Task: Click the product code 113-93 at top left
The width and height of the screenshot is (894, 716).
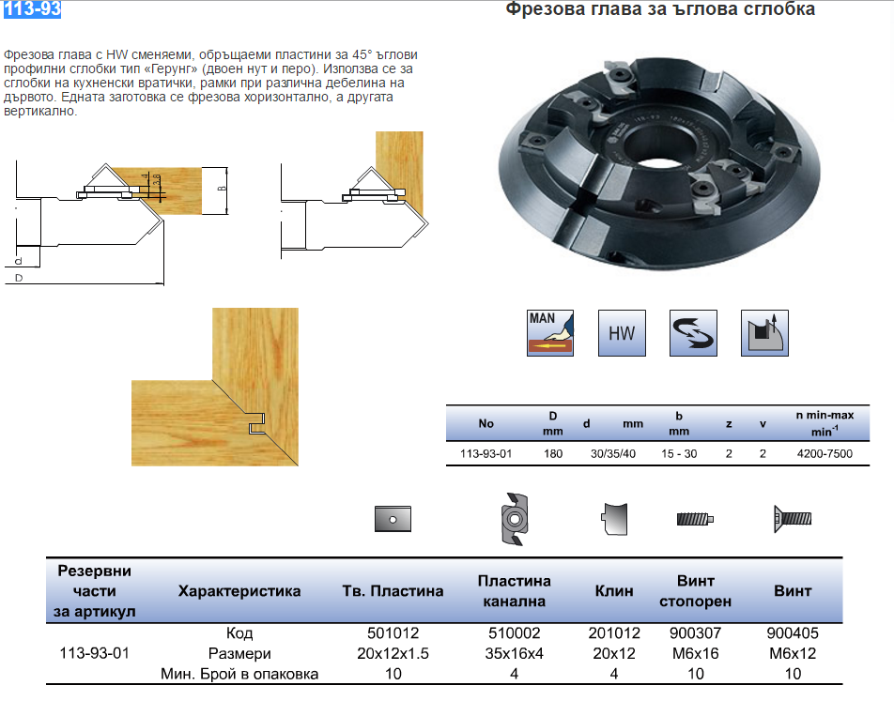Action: pos(31,10)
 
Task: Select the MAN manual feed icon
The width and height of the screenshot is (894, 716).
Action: pos(551,332)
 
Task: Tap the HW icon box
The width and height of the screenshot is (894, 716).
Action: pos(622,333)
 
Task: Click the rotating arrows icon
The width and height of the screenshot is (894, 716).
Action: pos(693,333)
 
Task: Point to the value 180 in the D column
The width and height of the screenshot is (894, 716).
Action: pos(553,453)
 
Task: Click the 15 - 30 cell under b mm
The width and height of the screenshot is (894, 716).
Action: pos(678,453)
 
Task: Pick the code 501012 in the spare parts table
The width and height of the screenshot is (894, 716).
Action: pos(393,633)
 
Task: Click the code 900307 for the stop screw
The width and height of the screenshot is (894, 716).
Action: pos(696,633)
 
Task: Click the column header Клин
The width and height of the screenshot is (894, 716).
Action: pos(614,591)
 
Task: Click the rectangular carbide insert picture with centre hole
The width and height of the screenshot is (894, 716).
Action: pos(393,518)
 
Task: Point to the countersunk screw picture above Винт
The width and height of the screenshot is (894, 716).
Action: pos(792,518)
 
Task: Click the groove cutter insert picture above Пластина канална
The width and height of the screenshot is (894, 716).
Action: pos(514,518)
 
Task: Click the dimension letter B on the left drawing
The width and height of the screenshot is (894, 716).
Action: pos(222,188)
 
